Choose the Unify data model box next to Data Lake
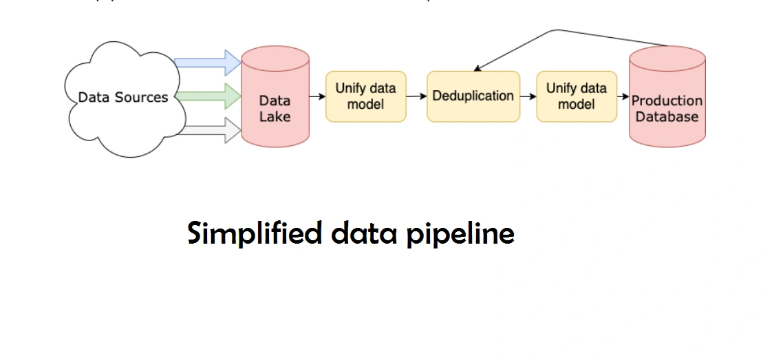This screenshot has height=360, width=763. (x=365, y=96)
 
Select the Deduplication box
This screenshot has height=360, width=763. (x=473, y=96)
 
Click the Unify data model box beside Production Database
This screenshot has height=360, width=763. (x=577, y=96)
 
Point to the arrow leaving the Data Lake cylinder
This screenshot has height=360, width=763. (x=317, y=96)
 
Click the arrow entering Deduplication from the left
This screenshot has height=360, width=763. (x=416, y=96)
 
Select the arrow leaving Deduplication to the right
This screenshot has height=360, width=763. (x=528, y=96)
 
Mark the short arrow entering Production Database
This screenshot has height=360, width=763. (x=623, y=96)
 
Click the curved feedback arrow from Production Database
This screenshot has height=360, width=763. (x=557, y=32)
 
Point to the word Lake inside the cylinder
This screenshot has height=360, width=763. (x=275, y=116)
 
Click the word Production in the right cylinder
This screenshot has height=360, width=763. (x=667, y=100)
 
